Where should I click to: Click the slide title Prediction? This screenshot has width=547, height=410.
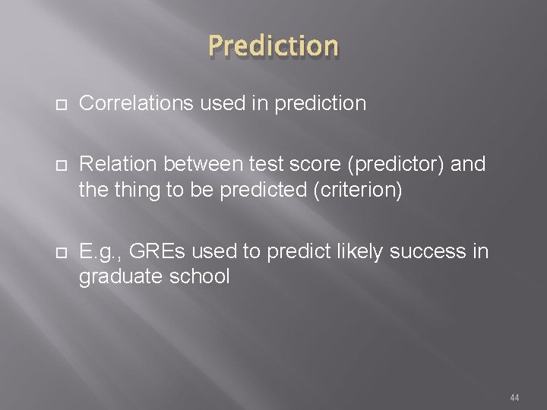tap(273, 46)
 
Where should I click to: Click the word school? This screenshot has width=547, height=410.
tap(199, 277)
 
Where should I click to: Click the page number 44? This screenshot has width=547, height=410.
tap(514, 397)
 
